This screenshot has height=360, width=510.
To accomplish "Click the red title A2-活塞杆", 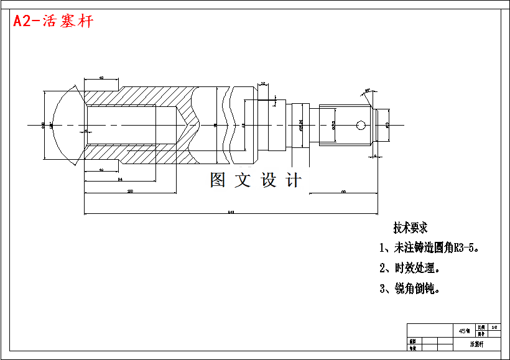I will click(x=53, y=21).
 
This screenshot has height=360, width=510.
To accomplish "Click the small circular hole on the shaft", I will click(x=361, y=125).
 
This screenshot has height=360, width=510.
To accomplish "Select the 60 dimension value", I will click(x=343, y=192).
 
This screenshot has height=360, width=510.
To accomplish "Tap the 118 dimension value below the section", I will click(x=130, y=191).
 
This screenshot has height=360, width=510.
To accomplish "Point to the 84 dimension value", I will click(x=119, y=180).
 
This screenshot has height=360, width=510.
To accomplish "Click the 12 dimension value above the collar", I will click(x=262, y=83).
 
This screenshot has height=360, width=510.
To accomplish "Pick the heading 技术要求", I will click(x=410, y=228).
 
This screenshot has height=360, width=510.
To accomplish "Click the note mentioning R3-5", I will click(x=430, y=248).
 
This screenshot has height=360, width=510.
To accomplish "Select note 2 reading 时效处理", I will click(x=410, y=269).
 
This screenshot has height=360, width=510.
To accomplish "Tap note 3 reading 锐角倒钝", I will click(x=410, y=288).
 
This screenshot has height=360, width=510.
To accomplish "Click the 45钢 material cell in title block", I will click(x=464, y=330).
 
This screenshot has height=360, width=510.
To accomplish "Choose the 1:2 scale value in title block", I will click(x=494, y=327).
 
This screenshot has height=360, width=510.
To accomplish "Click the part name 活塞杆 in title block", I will click(x=476, y=344).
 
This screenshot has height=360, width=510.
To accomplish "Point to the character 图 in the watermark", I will click(x=218, y=180).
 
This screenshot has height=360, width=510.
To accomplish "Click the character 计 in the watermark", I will click(x=294, y=180).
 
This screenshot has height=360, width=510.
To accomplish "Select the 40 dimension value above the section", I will click(x=101, y=78).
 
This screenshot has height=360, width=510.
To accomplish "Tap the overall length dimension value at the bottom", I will click(x=231, y=213).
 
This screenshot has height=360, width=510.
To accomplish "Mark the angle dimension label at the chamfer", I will click(x=368, y=91).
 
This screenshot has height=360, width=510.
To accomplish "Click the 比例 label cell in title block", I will click(x=481, y=326).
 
